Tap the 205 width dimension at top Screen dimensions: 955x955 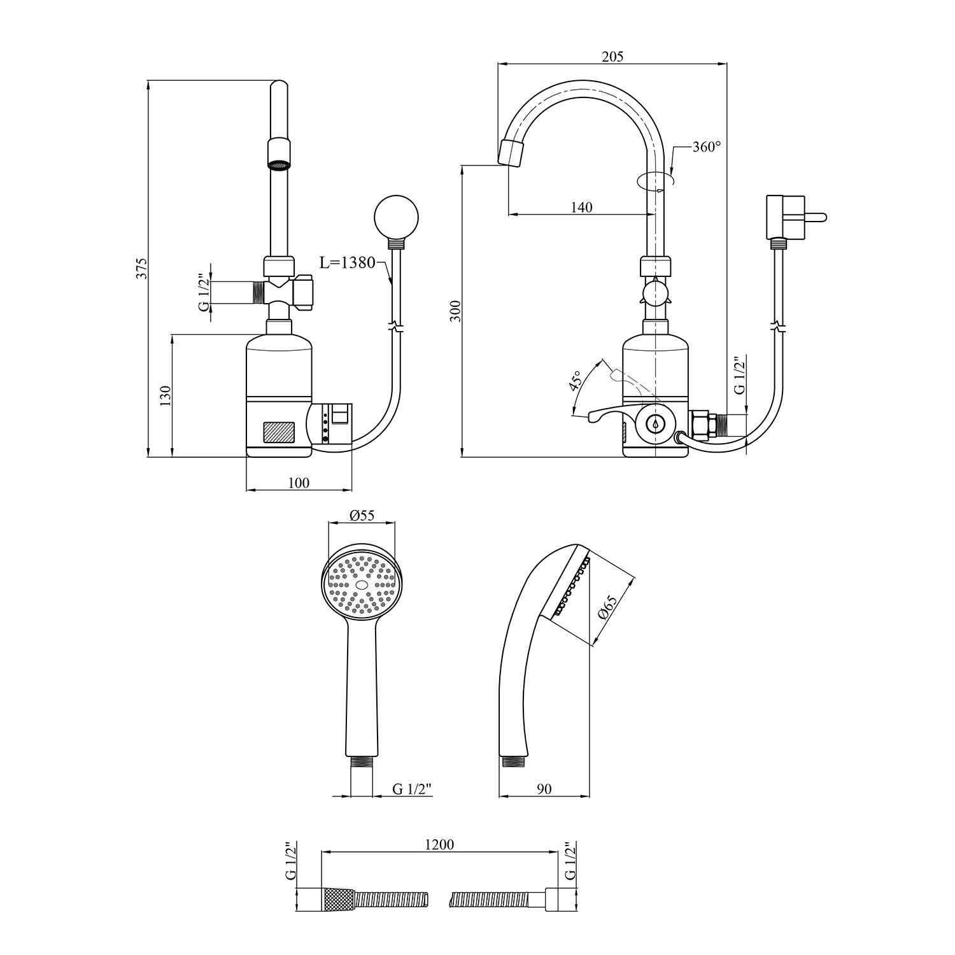pyautogui.click(x=612, y=57)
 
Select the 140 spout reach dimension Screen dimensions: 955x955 pyautogui.click(x=581, y=207)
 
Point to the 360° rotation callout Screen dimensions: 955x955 pyautogui.click(x=707, y=146)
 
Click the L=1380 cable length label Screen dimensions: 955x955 pyautogui.click(x=348, y=263)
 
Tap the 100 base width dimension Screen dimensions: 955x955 pyautogui.click(x=299, y=483)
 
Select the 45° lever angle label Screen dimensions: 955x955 pyautogui.click(x=576, y=380)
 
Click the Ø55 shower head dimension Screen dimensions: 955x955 pyautogui.click(x=362, y=516)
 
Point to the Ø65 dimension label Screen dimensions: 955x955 pyautogui.click(x=608, y=609)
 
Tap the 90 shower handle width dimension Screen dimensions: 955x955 pyautogui.click(x=544, y=789)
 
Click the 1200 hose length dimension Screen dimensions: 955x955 pyautogui.click(x=439, y=844)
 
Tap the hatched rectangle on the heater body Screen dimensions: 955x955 pyautogui.click(x=279, y=432)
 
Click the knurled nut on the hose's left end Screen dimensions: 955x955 pyautogui.click(x=338, y=900)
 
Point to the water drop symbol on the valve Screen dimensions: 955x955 pyautogui.click(x=654, y=423)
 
